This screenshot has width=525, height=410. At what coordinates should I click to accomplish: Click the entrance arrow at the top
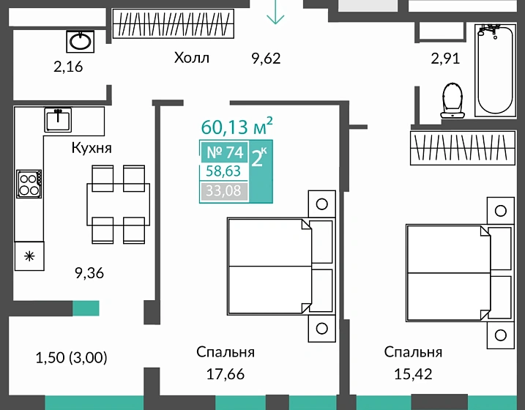[x=275, y=12]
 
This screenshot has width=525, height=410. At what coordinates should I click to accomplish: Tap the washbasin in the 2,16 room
[x=81, y=42]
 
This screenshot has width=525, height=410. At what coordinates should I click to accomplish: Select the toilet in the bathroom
[x=453, y=101]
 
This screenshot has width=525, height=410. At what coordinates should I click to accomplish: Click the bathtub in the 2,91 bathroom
[x=495, y=70]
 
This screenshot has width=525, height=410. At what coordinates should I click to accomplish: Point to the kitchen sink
[x=58, y=120]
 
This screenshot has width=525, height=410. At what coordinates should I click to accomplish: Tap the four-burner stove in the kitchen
[x=29, y=184]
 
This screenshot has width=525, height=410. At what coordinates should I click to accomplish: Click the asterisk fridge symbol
[x=29, y=256]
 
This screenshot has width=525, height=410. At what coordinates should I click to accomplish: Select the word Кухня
[x=92, y=148]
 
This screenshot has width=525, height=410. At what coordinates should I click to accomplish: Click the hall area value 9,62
[x=266, y=59]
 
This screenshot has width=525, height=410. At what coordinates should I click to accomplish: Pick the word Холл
[x=192, y=58]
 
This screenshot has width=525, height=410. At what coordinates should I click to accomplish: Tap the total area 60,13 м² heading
[x=237, y=126]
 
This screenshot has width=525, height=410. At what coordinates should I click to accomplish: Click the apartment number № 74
[x=225, y=152]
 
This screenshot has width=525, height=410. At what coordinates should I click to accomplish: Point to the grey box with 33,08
[x=223, y=191]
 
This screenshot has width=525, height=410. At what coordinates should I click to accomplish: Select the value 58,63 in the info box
[x=223, y=171]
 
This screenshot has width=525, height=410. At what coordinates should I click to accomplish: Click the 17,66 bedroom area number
[x=226, y=374]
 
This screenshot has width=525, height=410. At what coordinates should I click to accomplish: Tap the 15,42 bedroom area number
[x=413, y=374]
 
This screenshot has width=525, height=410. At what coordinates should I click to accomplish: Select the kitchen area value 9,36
[x=89, y=273]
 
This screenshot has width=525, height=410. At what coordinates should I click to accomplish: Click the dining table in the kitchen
[x=118, y=204]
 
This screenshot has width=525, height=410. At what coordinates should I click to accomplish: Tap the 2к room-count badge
[x=260, y=157]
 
